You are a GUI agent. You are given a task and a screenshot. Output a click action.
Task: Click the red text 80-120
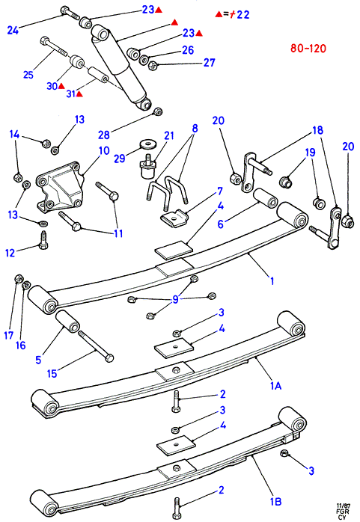(308, 49)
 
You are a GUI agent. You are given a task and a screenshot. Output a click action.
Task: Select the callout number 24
(13, 31)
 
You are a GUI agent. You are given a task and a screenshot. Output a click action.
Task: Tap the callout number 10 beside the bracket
(104, 150)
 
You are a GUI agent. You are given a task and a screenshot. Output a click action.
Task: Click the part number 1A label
(275, 385)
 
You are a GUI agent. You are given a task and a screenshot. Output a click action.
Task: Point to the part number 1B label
(275, 501)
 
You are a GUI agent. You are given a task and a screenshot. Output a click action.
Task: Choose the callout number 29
(120, 159)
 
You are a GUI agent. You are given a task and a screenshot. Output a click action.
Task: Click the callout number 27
(209, 62)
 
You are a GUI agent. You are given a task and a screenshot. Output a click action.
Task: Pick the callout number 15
(52, 373)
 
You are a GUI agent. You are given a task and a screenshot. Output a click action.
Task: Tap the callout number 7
(220, 191)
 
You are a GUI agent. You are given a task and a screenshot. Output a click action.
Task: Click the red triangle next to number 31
(79, 94)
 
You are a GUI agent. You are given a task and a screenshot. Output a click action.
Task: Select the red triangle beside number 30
(61, 86)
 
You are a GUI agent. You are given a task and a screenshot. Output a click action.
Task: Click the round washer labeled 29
(145, 144)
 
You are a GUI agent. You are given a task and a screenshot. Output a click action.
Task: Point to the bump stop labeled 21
(148, 165)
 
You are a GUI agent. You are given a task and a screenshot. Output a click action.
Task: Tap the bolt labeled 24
(70, 13)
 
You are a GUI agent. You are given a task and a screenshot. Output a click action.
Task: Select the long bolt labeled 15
(96, 346)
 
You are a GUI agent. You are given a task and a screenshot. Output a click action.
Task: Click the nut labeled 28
(158, 111)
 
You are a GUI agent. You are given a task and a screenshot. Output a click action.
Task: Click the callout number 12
(10, 253)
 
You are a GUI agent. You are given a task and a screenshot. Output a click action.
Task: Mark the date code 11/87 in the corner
(342, 505)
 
